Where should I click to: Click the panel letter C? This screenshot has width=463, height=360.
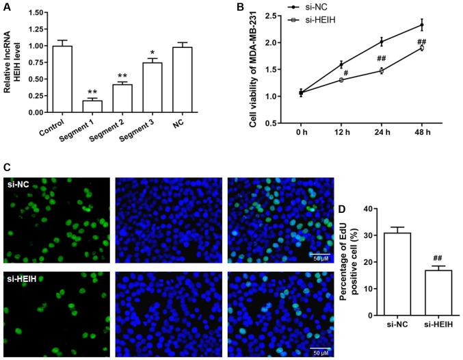pos(6,166)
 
